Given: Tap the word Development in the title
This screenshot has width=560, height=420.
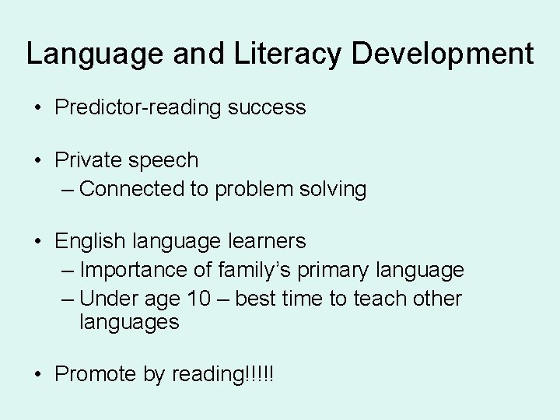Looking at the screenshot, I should (443, 54).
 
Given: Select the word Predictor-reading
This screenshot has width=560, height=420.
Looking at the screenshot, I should (138, 107).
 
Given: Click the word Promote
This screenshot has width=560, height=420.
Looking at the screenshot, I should (96, 374).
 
